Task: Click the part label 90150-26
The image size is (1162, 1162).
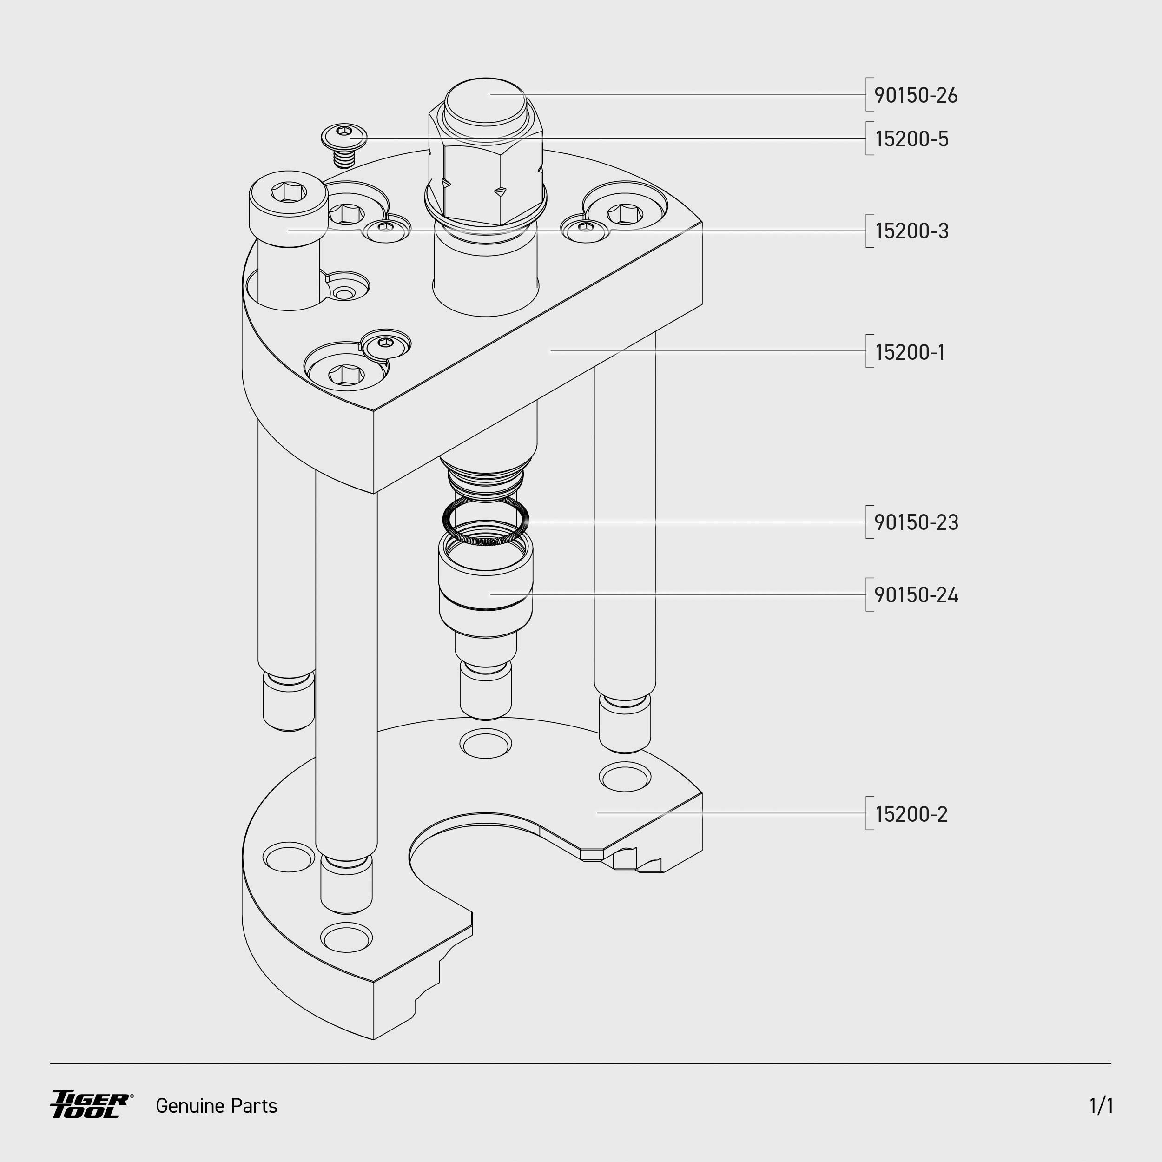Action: click(915, 95)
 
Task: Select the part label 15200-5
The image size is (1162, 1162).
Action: click(911, 139)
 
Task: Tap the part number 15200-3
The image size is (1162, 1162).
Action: click(911, 231)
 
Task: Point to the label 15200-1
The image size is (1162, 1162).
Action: click(910, 352)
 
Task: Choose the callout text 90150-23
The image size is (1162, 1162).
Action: click(915, 522)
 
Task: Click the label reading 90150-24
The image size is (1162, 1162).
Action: click(915, 595)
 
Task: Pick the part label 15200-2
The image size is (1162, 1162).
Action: click(911, 814)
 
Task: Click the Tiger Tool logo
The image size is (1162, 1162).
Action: click(91, 1105)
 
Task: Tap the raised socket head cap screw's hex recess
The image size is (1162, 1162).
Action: click(289, 192)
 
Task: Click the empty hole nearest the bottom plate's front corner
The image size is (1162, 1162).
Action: click(346, 937)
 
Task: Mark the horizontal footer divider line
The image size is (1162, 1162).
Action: click(581, 1063)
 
